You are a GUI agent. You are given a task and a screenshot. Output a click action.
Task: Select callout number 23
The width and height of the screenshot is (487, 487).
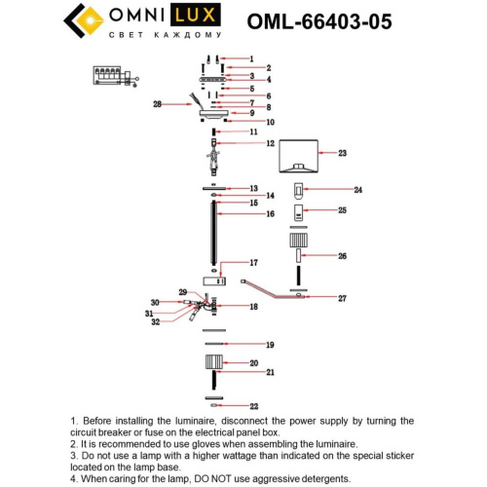point(342,153)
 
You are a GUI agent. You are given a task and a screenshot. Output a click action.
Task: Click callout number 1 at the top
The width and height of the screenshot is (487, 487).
point(250,58)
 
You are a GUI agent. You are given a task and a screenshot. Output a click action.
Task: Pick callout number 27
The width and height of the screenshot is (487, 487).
point(342,297)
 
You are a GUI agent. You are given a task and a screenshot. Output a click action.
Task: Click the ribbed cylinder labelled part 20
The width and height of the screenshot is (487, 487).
point(212,363)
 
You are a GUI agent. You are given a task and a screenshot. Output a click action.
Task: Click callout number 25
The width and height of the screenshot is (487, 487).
point(342,209)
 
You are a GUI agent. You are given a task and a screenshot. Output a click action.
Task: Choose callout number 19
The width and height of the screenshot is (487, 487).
point(270,345)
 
